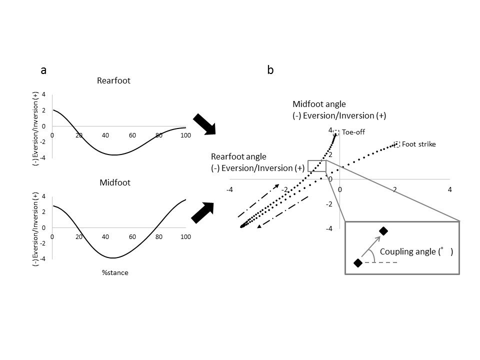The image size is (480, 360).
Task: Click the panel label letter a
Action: [x=43, y=70]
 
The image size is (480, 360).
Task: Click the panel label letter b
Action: [x=270, y=70]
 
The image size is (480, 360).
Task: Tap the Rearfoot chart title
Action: [x=113, y=80]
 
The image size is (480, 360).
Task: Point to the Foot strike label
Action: [x=418, y=144]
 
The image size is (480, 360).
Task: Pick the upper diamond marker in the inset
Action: [x=383, y=231]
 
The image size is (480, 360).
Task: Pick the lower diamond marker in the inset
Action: [x=358, y=263]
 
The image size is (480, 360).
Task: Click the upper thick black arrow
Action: [x=204, y=124]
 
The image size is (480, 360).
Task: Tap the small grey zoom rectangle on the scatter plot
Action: [x=316, y=166]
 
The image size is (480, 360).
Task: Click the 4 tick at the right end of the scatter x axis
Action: [x=450, y=189]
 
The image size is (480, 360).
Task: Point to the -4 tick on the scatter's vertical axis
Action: [x=329, y=229]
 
